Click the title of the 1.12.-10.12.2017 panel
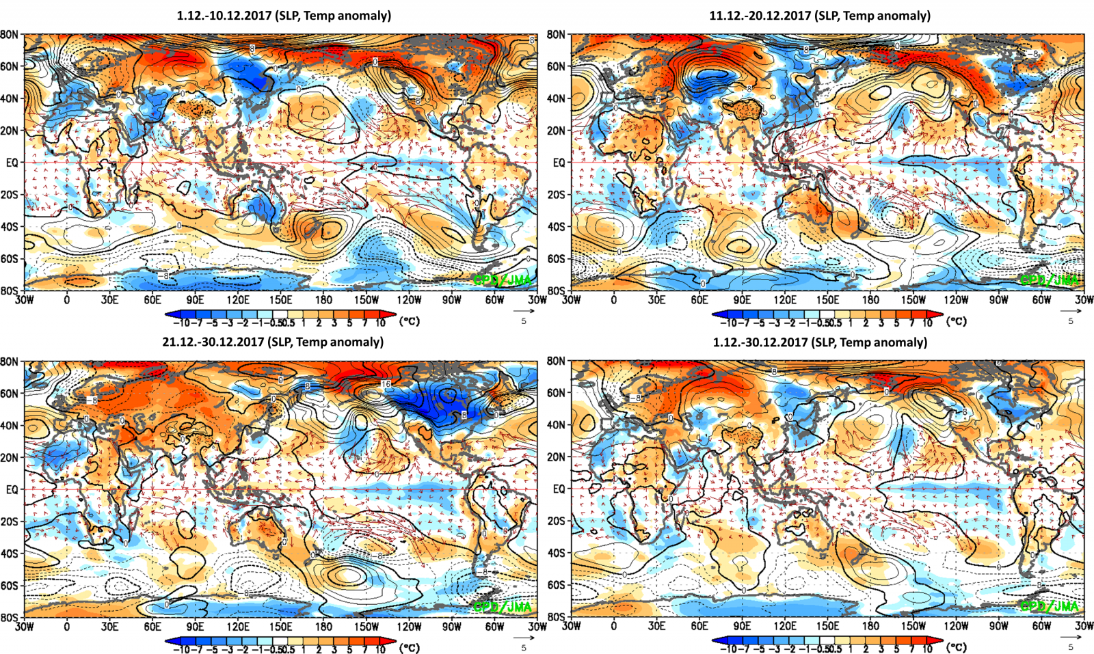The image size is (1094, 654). pyautogui.click(x=284, y=15)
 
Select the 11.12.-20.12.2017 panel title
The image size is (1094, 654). pyautogui.click(x=820, y=15)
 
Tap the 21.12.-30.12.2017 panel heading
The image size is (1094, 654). pyautogui.click(x=273, y=342)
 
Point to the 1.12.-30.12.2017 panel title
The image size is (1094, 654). pyautogui.click(x=820, y=342)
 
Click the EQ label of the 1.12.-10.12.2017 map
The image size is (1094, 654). pyautogui.click(x=12, y=163)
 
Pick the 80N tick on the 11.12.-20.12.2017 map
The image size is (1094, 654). pyautogui.click(x=556, y=34)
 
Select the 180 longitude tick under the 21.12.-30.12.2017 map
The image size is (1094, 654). pyautogui.click(x=323, y=626)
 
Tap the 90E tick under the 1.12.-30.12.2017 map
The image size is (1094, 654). pyautogui.click(x=742, y=626)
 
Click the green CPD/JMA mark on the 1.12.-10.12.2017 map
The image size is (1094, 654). pyautogui.click(x=502, y=280)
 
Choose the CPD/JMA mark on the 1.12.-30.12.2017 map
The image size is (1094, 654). pyautogui.click(x=1049, y=606)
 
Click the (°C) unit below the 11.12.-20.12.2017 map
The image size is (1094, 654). pyautogui.click(x=957, y=321)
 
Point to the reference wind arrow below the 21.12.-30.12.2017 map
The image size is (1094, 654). pyautogui.click(x=524, y=638)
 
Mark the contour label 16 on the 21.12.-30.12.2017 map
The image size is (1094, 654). pyautogui.click(x=386, y=385)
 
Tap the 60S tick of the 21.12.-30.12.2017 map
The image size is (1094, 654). pyautogui.click(x=9, y=586)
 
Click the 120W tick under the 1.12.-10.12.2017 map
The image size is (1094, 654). pyautogui.click(x=409, y=299)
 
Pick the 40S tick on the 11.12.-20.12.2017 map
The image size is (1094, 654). pyautogui.click(x=556, y=227)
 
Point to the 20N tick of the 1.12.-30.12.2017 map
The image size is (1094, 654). pyautogui.click(x=556, y=457)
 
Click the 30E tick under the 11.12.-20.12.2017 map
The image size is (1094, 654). pyautogui.click(x=656, y=299)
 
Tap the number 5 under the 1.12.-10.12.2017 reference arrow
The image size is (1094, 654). pyautogui.click(x=524, y=321)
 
